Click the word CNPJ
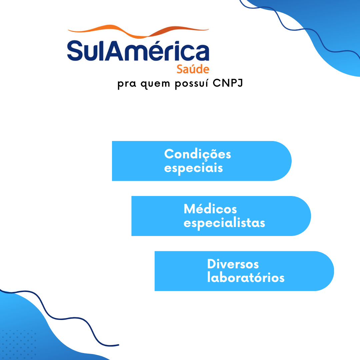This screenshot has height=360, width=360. click(228, 84)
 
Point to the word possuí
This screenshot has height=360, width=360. click(191, 84)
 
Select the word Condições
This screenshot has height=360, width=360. click(197, 154)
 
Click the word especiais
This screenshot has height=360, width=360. click(193, 168)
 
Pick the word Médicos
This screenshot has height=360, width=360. click(210, 209)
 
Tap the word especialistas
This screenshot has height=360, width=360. click(224, 223)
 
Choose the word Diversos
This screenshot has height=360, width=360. click(233, 264)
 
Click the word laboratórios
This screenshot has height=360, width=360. click(246, 278)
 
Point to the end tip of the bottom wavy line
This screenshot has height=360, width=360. click(118, 345)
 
